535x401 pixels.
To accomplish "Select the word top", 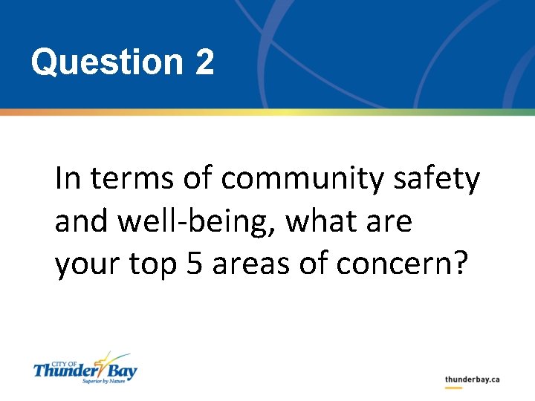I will pyautogui.click(x=152, y=266).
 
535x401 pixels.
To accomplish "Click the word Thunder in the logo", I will pyautogui.click(x=63, y=370).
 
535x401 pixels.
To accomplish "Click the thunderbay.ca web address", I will pyautogui.click(x=472, y=379).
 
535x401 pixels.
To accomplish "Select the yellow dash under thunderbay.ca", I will pyautogui.click(x=453, y=388).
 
